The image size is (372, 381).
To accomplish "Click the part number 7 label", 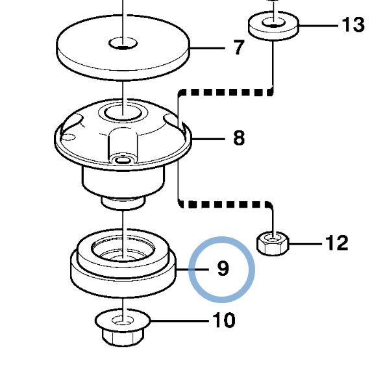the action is (x=239, y=47).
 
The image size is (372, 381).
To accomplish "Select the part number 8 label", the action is (x=239, y=138).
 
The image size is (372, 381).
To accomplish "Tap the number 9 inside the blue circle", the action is (x=223, y=269).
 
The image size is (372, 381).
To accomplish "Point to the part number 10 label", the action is (x=224, y=320).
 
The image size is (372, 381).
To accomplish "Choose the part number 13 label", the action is (x=353, y=25).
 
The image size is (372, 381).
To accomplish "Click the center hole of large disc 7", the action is (x=123, y=43).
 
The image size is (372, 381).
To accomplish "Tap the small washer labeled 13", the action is (x=273, y=25).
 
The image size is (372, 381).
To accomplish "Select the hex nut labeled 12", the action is (x=273, y=243).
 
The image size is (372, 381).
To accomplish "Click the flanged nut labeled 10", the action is (x=123, y=327).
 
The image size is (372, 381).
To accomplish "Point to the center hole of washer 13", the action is (x=273, y=22).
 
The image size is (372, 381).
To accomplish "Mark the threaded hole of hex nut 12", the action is (x=273, y=238).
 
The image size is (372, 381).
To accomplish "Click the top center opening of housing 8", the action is (x=123, y=113).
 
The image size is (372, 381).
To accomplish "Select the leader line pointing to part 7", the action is (x=207, y=48).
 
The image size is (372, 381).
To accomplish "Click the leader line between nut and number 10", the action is (x=180, y=321).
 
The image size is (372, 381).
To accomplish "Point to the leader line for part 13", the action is (x=319, y=25).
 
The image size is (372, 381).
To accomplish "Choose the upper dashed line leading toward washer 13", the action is (x=226, y=92).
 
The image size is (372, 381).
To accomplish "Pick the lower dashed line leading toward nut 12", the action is (x=226, y=204).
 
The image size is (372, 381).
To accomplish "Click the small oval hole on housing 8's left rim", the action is (x=69, y=138).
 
